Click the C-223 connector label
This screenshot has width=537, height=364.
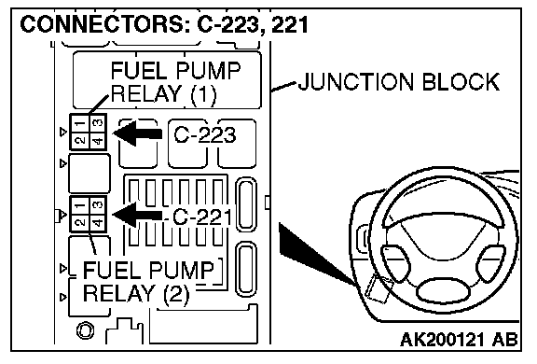coord(205,134)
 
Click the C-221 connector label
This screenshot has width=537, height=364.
coord(202,217)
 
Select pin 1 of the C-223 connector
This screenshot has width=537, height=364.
coord(80,123)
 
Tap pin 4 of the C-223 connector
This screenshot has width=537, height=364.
coord(98,141)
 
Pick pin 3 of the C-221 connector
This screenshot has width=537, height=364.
coord(98,205)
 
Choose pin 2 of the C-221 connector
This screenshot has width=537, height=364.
coord(80,223)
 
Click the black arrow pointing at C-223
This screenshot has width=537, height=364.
coord(137,133)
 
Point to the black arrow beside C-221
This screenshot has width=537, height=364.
coord(137,215)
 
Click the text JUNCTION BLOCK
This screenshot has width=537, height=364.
coord(399,81)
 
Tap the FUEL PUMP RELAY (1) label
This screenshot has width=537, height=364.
coord(175,82)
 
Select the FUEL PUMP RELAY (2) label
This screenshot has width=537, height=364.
coord(148,282)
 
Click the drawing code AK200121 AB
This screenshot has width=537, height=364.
coord(459,340)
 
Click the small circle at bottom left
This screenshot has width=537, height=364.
coord(85,331)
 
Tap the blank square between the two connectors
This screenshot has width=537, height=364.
coord(89,174)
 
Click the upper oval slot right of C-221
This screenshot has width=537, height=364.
coord(246,204)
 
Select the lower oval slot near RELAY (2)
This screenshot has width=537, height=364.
coord(246,269)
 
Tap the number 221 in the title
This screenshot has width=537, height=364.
coord(290,24)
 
